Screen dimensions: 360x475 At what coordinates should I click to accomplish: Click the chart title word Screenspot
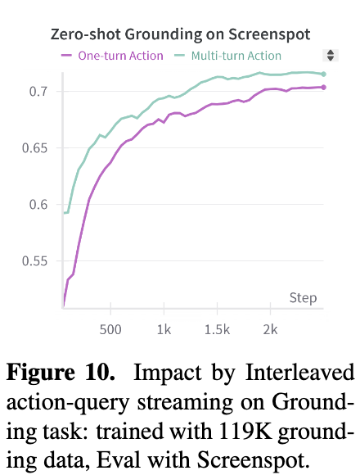click(269, 34)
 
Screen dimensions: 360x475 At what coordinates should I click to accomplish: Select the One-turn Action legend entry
click(112, 56)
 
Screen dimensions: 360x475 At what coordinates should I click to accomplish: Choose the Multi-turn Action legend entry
click(227, 56)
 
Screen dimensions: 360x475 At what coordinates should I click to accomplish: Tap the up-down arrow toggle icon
click(331, 56)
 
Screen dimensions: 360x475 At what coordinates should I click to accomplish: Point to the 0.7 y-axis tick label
click(38, 91)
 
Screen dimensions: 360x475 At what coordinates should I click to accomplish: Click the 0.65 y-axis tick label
click(35, 148)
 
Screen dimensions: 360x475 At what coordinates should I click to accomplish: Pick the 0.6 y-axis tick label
click(38, 204)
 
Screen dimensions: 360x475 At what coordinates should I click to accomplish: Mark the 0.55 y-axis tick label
click(35, 260)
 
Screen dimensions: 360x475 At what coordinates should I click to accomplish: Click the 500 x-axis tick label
click(110, 329)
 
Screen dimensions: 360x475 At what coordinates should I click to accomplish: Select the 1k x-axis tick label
click(164, 329)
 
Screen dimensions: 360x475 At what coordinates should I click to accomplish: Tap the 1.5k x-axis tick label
click(217, 329)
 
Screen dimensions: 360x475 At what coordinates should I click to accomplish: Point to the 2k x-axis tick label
click(271, 329)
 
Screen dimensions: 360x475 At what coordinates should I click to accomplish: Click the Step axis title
click(303, 298)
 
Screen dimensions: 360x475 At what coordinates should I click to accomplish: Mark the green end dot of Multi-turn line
click(323, 75)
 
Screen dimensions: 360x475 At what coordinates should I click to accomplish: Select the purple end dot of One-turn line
click(323, 88)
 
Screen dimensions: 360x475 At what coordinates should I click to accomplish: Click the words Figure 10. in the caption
click(61, 372)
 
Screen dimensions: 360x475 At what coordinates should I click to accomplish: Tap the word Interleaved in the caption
click(299, 372)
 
